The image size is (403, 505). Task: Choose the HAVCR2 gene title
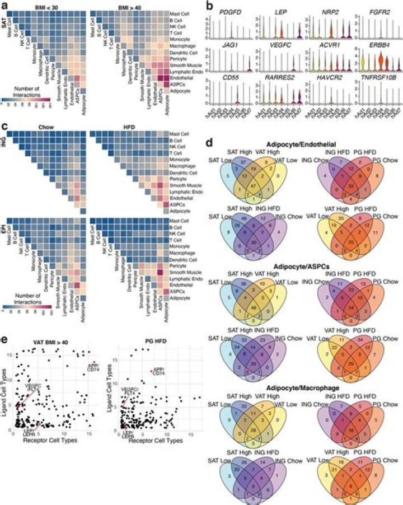(x=315, y=86)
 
